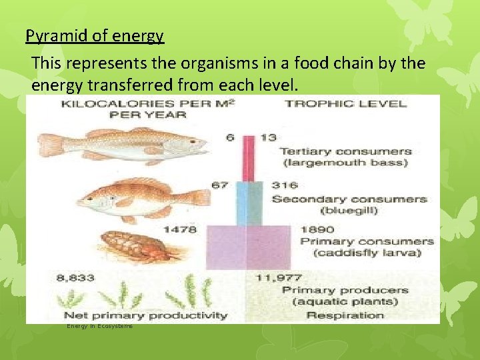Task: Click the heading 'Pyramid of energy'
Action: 95,36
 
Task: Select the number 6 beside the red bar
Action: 229,137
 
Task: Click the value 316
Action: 285,185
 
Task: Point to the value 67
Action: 221,185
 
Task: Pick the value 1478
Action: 181,229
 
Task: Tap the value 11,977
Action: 274,277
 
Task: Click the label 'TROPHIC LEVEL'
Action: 345,103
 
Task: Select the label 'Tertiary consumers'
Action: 345,151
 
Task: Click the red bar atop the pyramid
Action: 248,158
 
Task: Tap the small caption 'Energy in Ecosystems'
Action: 99,326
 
